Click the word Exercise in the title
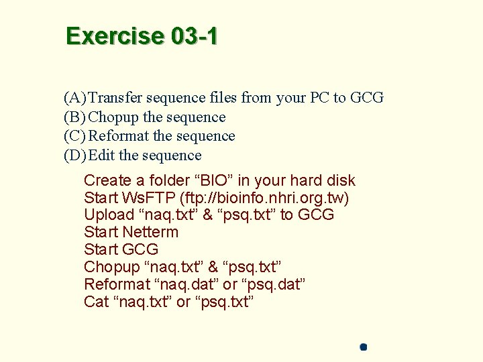[115, 36]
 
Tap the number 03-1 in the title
[195, 36]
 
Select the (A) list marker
[74, 98]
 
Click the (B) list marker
[74, 117]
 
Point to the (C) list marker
[74, 136]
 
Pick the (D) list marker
[74, 156]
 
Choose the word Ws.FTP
[148, 198]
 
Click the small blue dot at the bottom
[363, 347]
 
